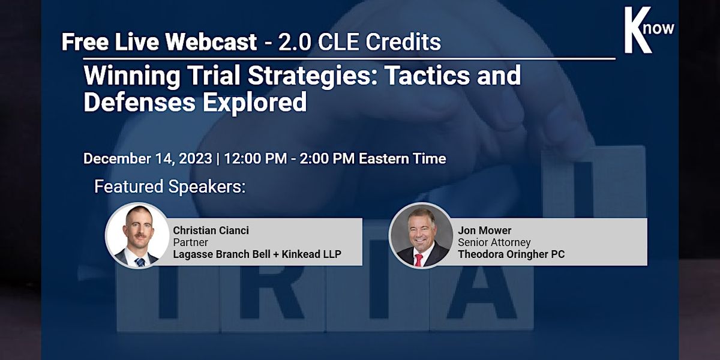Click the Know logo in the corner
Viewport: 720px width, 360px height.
(x=649, y=30)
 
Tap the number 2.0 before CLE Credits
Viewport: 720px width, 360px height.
(x=295, y=42)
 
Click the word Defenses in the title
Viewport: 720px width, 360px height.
(x=139, y=101)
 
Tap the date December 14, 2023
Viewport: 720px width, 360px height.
(x=148, y=158)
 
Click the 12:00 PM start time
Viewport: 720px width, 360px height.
(x=256, y=158)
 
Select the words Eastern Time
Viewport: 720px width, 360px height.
(x=403, y=158)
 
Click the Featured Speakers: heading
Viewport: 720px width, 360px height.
(x=170, y=187)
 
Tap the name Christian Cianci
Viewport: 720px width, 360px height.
(x=211, y=230)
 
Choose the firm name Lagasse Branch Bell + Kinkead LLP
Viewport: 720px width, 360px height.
(x=257, y=254)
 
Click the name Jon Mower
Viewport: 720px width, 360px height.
(x=485, y=230)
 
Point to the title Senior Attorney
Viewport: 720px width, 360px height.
(x=494, y=242)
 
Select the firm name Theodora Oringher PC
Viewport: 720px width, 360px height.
(x=511, y=254)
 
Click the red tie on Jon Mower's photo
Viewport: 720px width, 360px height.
(x=419, y=260)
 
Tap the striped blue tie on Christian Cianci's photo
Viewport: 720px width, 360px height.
(x=139, y=262)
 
